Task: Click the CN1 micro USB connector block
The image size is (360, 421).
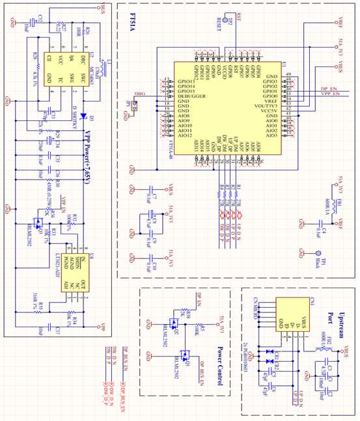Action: click(x=288, y=315)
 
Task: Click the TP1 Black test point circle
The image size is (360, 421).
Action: click(x=301, y=252)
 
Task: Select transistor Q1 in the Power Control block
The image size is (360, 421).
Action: click(x=184, y=357)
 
